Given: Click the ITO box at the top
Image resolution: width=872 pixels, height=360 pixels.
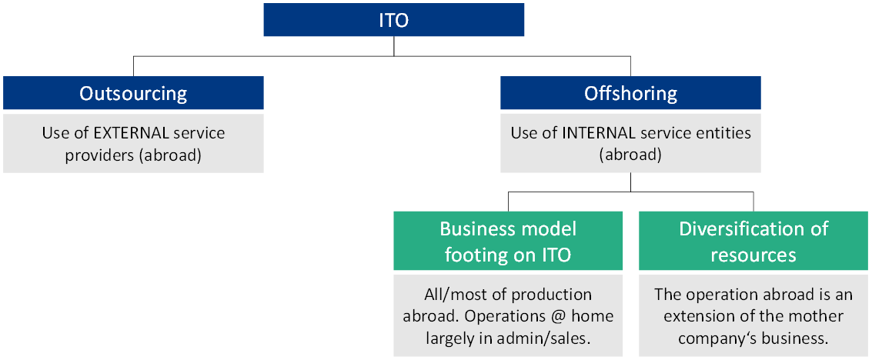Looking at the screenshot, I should pyautogui.click(x=393, y=20).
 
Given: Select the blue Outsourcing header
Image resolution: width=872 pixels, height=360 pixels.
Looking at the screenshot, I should pyautogui.click(x=133, y=93).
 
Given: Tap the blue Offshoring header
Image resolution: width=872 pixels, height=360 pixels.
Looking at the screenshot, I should pyautogui.click(x=630, y=93).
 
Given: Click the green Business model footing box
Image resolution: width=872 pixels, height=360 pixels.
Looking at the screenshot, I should pyautogui.click(x=508, y=241).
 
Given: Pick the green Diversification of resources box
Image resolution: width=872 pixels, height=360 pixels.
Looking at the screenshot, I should pyautogui.click(x=753, y=241).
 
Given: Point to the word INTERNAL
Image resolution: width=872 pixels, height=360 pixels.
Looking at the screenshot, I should pyautogui.click(x=599, y=133).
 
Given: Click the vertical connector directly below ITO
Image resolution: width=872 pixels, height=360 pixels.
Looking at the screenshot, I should pyautogui.click(x=393, y=46).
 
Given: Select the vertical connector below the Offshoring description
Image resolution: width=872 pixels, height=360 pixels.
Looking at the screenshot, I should pyautogui.click(x=630, y=182).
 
